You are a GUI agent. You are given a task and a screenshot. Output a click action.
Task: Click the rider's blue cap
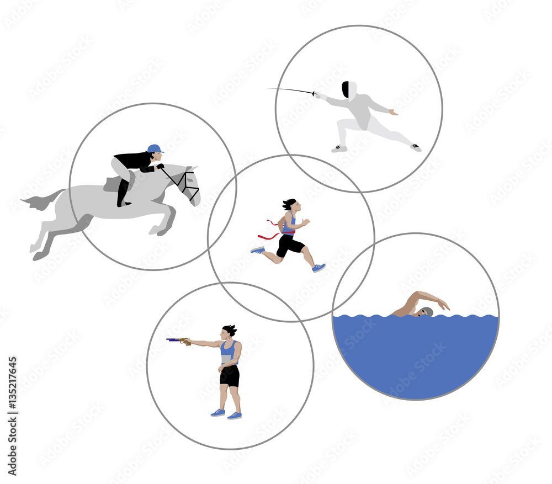155,148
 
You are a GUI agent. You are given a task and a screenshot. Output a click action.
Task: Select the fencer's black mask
346,89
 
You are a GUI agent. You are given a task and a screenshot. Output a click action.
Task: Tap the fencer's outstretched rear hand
392,112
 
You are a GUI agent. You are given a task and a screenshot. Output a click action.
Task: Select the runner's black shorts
288,244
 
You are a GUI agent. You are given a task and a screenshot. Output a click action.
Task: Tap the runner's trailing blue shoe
258,250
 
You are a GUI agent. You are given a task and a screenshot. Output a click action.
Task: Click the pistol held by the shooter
178,341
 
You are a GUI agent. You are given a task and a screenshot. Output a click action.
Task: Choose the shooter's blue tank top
227,351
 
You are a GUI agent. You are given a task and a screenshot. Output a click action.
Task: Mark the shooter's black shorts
230,376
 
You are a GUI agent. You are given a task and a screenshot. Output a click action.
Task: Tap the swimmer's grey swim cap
425,312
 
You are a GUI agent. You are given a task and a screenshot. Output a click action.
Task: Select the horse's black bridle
187,183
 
